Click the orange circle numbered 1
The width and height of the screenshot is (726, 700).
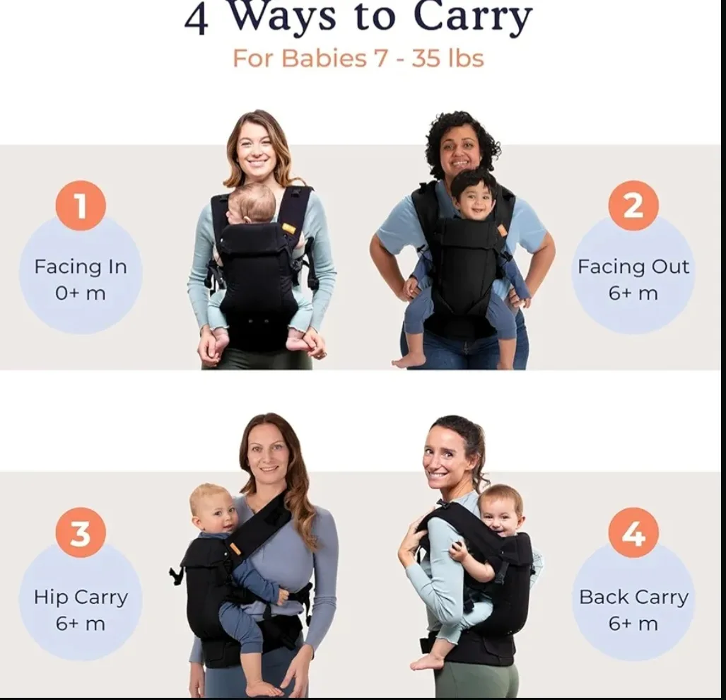click(81, 206)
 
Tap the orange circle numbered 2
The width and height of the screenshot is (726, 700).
click(633, 206)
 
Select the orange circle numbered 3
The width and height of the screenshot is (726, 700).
click(81, 533)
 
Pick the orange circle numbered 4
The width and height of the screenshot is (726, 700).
click(633, 533)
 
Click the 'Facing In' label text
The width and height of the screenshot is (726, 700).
click(81, 267)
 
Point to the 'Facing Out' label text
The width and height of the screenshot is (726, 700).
click(633, 267)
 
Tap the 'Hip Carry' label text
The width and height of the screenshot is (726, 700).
click(81, 597)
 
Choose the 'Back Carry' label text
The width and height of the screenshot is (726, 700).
click(633, 597)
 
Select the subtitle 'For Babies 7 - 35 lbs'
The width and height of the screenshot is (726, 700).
click(358, 59)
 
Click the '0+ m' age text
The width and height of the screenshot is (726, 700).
click(81, 293)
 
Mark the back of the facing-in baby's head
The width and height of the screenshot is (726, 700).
click(252, 204)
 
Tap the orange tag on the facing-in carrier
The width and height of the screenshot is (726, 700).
click(288, 228)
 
